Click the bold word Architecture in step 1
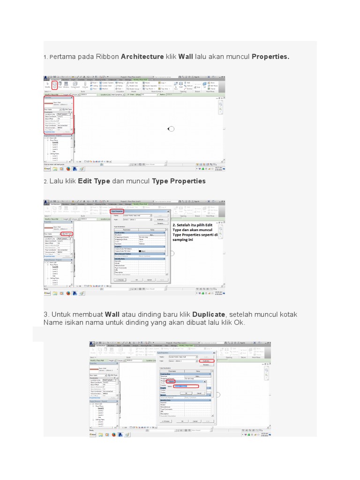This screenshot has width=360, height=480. [142, 57]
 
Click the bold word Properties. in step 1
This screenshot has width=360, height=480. [270, 57]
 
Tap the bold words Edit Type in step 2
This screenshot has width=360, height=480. [94, 181]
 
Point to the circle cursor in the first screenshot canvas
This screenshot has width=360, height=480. [171, 129]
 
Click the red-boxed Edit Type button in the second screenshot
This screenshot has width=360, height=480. [68, 233]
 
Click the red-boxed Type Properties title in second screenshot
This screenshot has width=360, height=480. [119, 211]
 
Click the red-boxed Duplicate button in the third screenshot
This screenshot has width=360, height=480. [205, 361]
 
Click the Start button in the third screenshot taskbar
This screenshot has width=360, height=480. [94, 435]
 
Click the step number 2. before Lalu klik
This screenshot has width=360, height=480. [45, 181]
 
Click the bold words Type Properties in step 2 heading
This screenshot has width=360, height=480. [179, 181]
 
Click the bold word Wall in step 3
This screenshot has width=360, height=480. [112, 314]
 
